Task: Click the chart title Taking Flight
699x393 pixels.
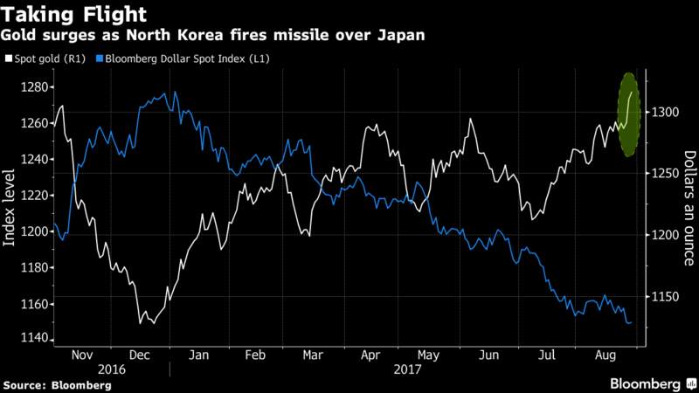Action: tap(74, 15)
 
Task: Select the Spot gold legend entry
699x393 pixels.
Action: tap(45, 59)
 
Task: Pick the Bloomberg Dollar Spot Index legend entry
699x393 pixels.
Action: tap(183, 59)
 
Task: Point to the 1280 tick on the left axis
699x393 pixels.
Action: tap(34, 86)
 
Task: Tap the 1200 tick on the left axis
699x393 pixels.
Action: tap(34, 231)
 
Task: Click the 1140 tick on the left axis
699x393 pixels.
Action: tap(34, 338)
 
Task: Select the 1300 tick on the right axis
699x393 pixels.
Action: tap(665, 112)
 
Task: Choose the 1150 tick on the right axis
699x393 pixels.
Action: tap(665, 296)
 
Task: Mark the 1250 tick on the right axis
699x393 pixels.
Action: tap(665, 173)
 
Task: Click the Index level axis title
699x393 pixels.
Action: tap(9, 208)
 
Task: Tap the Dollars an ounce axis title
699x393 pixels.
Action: tap(689, 208)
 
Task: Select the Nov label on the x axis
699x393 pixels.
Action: tap(82, 355)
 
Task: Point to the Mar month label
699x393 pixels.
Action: tap(313, 355)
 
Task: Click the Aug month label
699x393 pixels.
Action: tap(606, 355)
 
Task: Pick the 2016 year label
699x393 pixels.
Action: tap(112, 369)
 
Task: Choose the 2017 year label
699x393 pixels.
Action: tap(407, 369)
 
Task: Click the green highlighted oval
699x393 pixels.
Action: tap(628, 114)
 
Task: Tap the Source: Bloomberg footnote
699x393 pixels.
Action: tap(58, 385)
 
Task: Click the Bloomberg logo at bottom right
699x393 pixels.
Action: tap(653, 384)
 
